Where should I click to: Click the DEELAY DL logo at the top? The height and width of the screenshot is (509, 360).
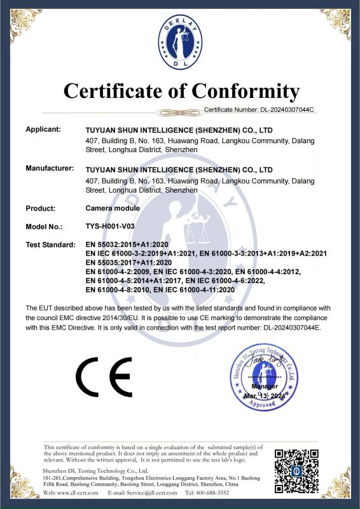(180, 42)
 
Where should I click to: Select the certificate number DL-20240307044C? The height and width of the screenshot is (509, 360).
(284, 110)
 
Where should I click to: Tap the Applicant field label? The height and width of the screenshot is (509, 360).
(43, 129)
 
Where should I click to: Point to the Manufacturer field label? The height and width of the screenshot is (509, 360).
(50, 170)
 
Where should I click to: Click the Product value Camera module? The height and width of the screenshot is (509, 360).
(113, 208)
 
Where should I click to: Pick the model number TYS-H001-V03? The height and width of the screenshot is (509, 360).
(110, 226)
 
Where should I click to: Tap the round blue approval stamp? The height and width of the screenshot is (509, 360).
(265, 377)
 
